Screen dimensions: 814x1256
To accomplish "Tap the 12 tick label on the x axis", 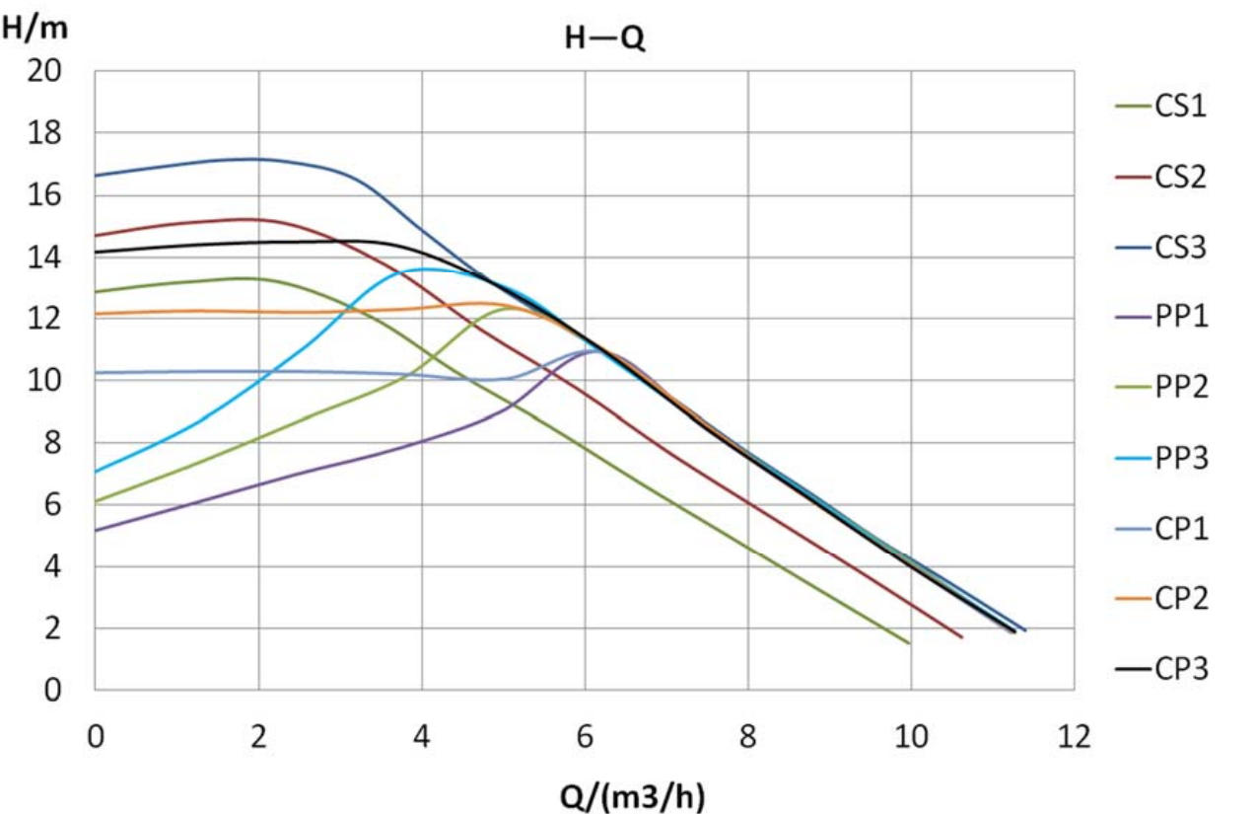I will click(1074, 736).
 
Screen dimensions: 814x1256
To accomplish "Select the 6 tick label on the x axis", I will click(585, 736).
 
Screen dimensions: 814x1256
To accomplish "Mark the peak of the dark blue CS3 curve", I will click(254, 159).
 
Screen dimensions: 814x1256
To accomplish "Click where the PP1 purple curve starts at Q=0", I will click(97, 531).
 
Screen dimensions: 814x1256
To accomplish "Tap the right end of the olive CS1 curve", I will click(908, 643).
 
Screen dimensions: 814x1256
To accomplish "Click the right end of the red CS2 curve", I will click(961, 637).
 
